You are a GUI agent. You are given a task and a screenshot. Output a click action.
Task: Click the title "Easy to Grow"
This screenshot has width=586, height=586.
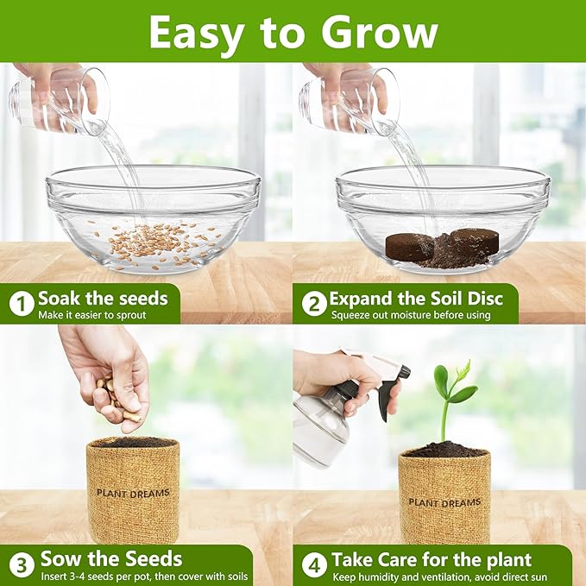click(293, 32)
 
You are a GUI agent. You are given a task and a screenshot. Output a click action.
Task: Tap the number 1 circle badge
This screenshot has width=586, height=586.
click(21, 304)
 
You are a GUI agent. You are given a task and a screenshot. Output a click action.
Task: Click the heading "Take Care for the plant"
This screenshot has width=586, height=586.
click(432, 558)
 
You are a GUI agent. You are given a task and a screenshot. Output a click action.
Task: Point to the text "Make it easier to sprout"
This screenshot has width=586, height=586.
click(92, 315)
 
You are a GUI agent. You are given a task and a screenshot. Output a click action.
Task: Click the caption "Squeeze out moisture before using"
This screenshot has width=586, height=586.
click(410, 315)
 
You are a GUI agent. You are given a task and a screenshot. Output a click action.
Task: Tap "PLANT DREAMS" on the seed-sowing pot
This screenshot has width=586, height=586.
click(133, 493)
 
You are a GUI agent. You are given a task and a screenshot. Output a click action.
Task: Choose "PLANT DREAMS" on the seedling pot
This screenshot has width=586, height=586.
click(444, 501)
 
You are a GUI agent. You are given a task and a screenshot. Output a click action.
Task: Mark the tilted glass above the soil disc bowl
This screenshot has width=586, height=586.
click(350, 102)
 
